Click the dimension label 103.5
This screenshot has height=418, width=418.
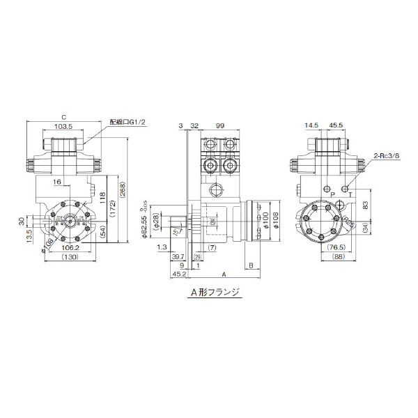[63, 127]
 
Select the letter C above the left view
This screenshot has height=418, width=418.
[63, 117]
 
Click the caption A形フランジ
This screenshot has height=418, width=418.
[215, 293]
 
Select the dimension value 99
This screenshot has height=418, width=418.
[219, 126]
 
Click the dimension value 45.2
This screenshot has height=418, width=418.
[178, 274]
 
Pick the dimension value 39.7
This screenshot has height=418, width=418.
[178, 256]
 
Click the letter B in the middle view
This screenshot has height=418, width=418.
[250, 265]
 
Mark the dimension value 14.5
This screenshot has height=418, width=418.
[311, 126]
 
